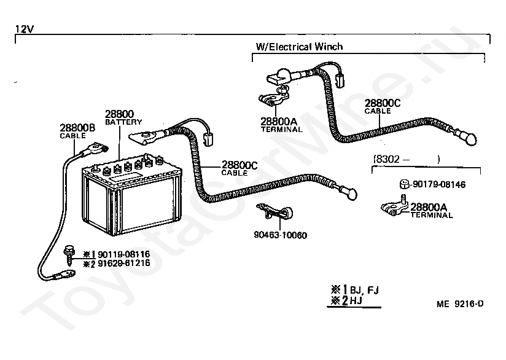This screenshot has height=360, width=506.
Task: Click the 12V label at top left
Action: (24, 29)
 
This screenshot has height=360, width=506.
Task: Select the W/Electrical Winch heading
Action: (299, 47)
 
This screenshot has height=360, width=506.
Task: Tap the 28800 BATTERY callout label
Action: (123, 117)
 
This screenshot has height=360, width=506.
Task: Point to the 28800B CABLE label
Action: (77, 131)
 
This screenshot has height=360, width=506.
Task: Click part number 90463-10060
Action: (281, 235)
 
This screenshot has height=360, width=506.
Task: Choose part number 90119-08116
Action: (124, 254)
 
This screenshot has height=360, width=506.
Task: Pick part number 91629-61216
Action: (124, 263)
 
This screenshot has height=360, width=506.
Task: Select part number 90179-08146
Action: (439, 184)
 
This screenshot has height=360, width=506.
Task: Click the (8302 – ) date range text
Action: (407, 159)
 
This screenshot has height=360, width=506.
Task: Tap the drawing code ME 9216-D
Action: (460, 304)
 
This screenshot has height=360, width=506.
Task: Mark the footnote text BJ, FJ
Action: (364, 290)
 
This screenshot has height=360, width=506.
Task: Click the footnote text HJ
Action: (356, 300)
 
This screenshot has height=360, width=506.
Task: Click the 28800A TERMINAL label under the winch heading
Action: (281, 125)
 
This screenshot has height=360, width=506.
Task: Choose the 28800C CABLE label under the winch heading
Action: (383, 106)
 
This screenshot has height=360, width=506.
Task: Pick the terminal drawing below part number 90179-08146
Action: (395, 206)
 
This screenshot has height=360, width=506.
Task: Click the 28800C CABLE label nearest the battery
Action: (239, 168)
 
